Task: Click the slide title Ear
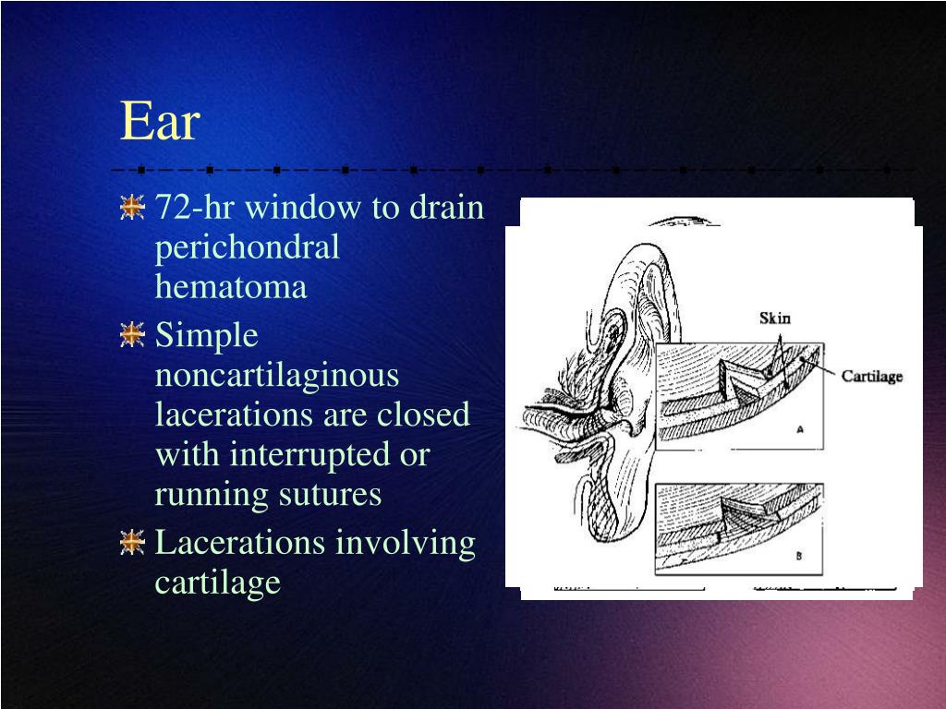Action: (160, 121)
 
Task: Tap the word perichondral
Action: (247, 247)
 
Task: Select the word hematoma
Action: (230, 287)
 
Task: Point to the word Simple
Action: (206, 335)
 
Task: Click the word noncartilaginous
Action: (276, 375)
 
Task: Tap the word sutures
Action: (330, 495)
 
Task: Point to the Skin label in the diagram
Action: (775, 318)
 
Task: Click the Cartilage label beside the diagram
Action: (871, 376)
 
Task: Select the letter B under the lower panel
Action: (798, 556)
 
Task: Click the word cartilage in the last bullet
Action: (217, 583)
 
